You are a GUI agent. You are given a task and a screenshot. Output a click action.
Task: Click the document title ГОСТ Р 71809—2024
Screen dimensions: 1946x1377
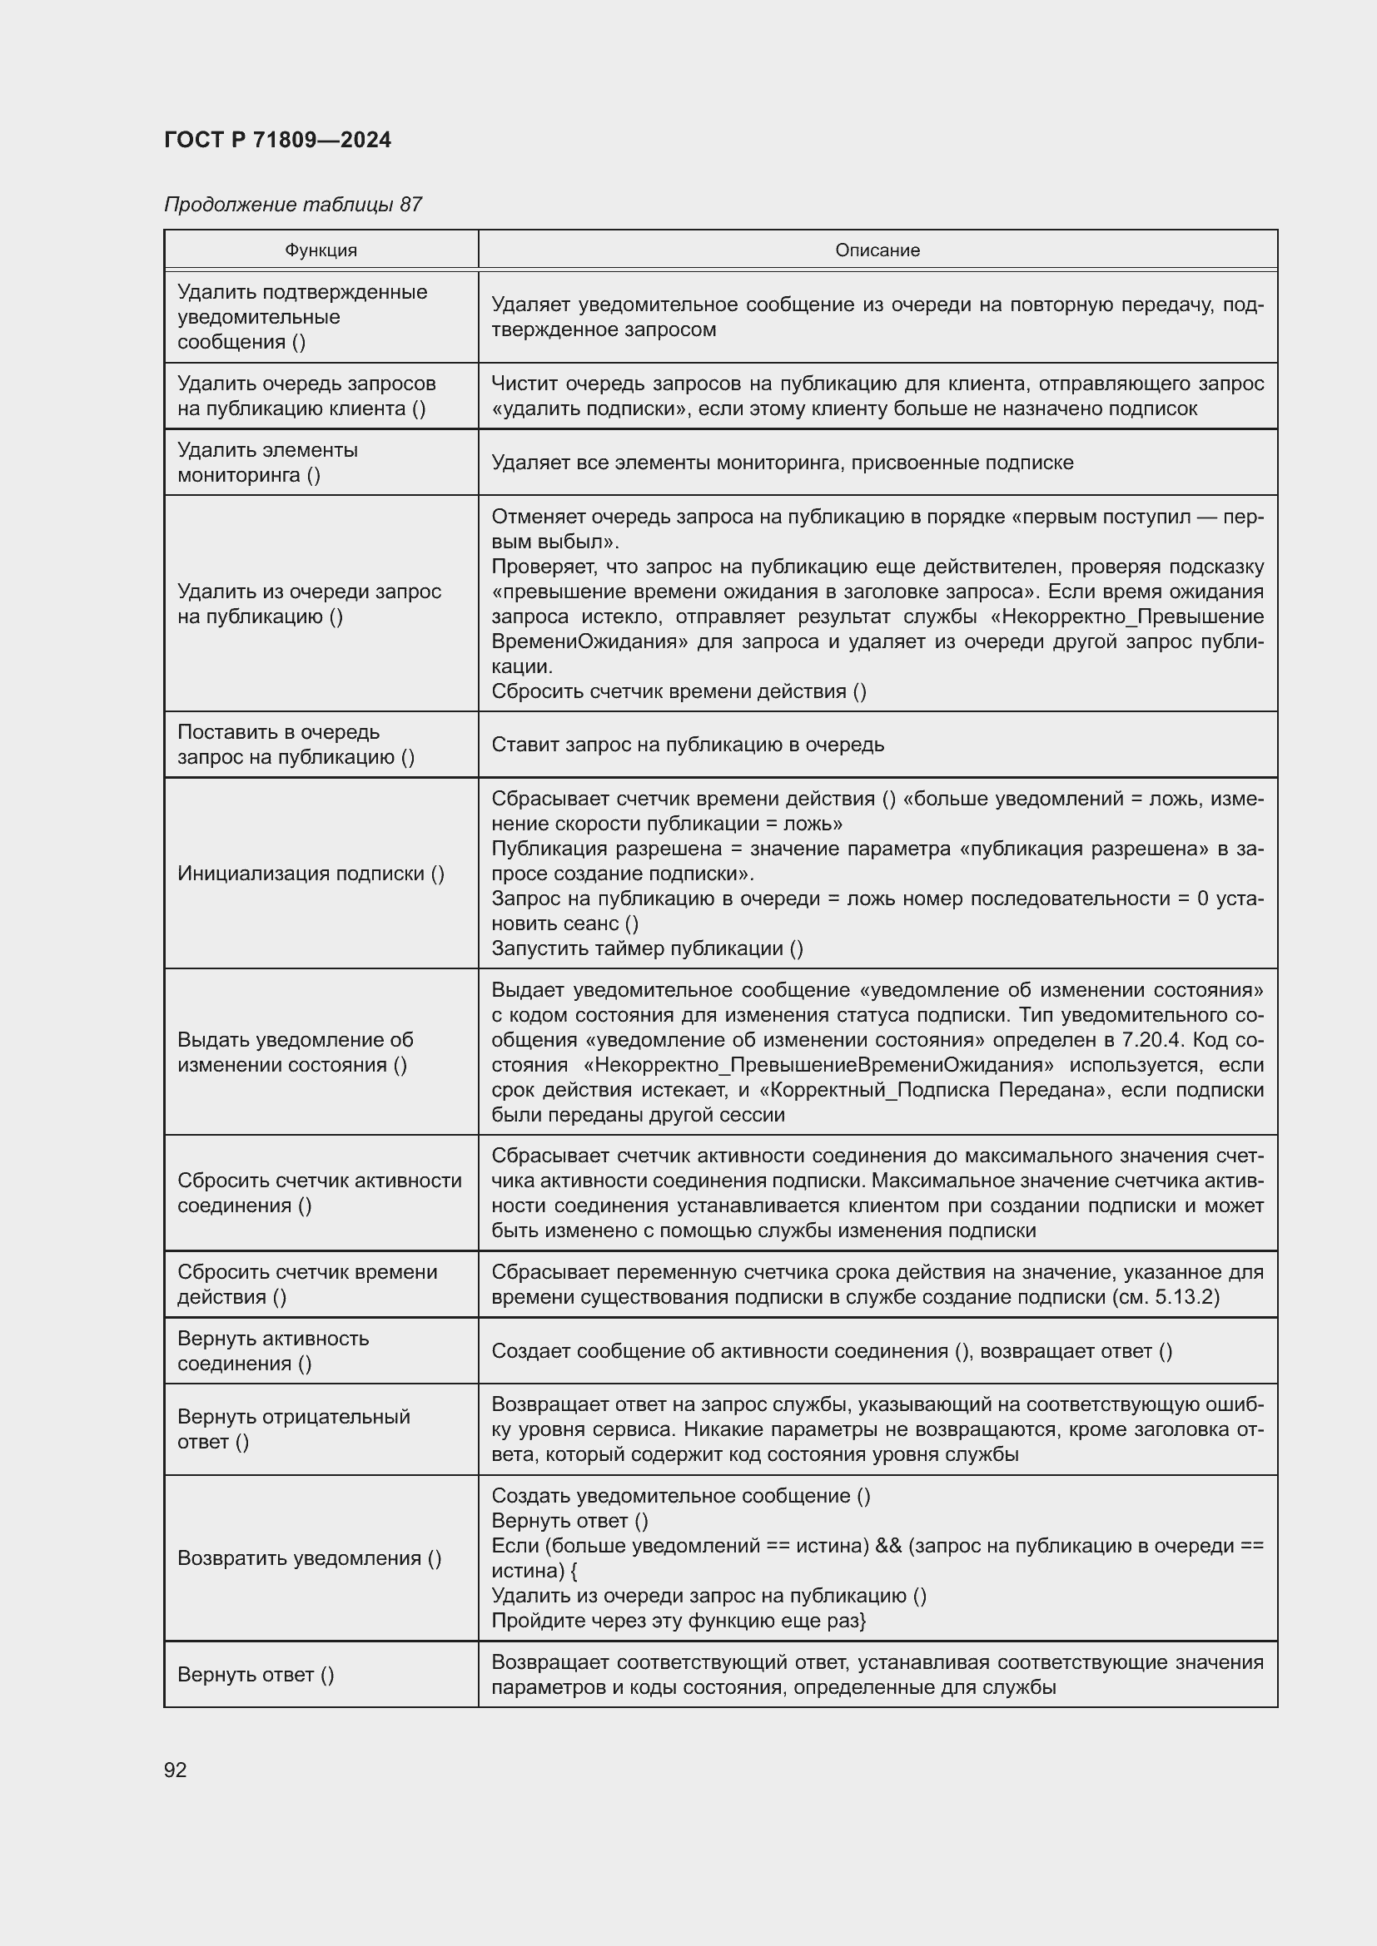277,140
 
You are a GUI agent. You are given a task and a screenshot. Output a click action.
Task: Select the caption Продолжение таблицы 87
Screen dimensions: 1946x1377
292,205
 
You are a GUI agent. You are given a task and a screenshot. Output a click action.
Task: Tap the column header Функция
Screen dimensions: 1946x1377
321,250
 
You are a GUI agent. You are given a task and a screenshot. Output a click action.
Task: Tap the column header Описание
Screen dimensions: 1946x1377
877,250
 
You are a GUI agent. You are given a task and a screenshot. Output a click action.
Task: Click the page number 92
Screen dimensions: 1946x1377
176,1770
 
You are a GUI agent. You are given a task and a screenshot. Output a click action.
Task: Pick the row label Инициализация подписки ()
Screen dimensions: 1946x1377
311,874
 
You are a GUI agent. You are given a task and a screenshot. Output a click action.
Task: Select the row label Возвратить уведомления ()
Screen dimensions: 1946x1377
309,1557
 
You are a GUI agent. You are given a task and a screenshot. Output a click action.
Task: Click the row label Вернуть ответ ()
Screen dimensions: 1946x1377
256,1674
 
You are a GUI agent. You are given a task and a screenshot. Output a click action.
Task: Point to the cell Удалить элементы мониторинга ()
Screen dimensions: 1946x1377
267,462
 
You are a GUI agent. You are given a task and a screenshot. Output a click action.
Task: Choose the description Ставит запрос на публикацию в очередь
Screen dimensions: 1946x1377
687,744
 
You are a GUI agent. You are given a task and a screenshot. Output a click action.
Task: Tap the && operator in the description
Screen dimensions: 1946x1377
887,1546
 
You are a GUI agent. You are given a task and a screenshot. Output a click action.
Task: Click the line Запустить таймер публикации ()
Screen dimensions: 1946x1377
647,948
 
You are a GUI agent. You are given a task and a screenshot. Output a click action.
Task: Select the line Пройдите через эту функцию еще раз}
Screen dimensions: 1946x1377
678,1621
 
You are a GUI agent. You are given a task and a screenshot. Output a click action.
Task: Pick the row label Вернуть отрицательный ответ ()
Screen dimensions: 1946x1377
293,1429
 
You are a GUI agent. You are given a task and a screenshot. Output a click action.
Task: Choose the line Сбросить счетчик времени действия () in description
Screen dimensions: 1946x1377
679,691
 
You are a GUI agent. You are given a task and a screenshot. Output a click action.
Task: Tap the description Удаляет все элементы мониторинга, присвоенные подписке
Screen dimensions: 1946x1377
782,463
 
